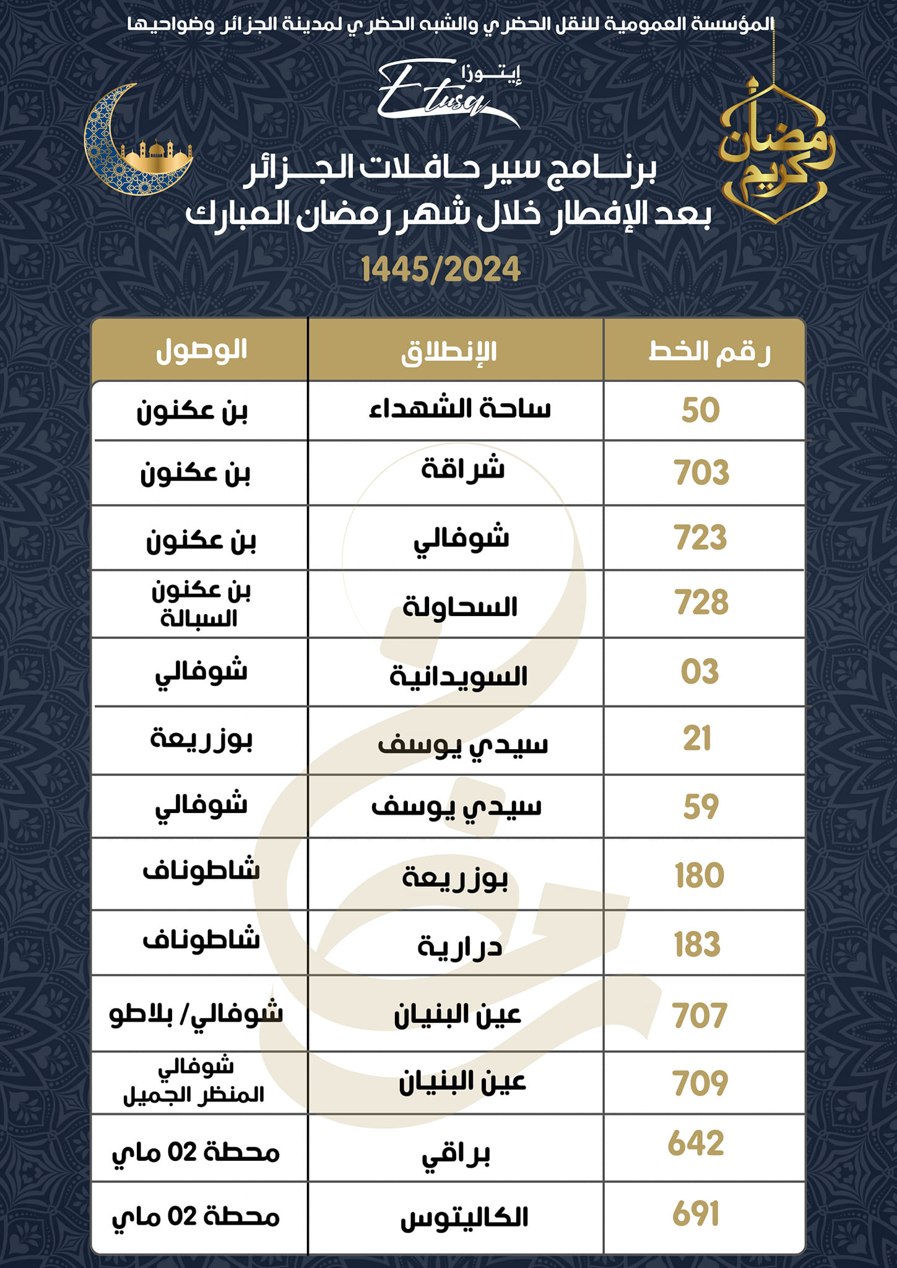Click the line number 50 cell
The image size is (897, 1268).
point(701,410)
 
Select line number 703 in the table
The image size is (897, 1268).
point(701,473)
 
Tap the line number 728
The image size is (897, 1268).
point(701,603)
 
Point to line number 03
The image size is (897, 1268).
point(700,672)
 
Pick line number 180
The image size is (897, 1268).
point(700,875)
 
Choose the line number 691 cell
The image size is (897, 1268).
point(696,1214)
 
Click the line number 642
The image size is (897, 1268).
point(696,1144)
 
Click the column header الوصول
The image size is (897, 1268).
point(201,350)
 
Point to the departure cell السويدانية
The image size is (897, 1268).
point(458,676)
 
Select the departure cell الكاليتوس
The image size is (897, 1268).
point(464,1217)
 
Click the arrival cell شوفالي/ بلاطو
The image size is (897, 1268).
point(196,1014)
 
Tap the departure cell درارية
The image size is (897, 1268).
point(459,945)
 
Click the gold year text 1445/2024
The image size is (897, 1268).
point(441,269)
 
